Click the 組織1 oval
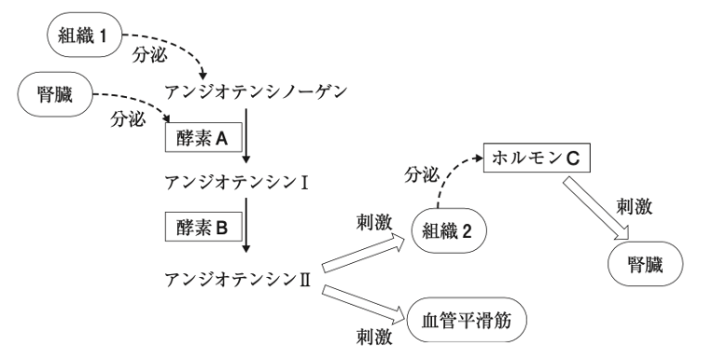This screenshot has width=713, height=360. (x=85, y=35)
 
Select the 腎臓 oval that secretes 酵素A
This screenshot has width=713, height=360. (x=54, y=94)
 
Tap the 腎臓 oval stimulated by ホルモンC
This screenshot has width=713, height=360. (x=645, y=264)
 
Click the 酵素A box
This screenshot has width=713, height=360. (x=203, y=137)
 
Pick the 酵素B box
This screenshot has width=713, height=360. (x=203, y=227)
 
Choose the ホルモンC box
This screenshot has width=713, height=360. (x=536, y=159)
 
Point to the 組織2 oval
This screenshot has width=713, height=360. (x=449, y=231)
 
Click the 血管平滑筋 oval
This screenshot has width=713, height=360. (x=467, y=320)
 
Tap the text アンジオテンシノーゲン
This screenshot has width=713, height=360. (x=256, y=92)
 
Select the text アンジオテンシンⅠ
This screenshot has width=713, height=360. (x=237, y=183)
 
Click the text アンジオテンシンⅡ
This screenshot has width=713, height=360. (x=238, y=279)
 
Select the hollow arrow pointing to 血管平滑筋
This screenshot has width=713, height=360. (x=364, y=304)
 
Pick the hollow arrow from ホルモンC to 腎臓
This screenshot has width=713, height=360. (x=596, y=209)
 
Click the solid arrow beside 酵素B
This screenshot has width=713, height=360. (x=246, y=225)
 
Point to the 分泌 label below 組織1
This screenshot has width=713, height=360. (x=149, y=55)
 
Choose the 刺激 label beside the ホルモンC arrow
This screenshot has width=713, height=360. (x=635, y=207)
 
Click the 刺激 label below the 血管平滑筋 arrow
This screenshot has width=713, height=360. (x=374, y=338)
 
